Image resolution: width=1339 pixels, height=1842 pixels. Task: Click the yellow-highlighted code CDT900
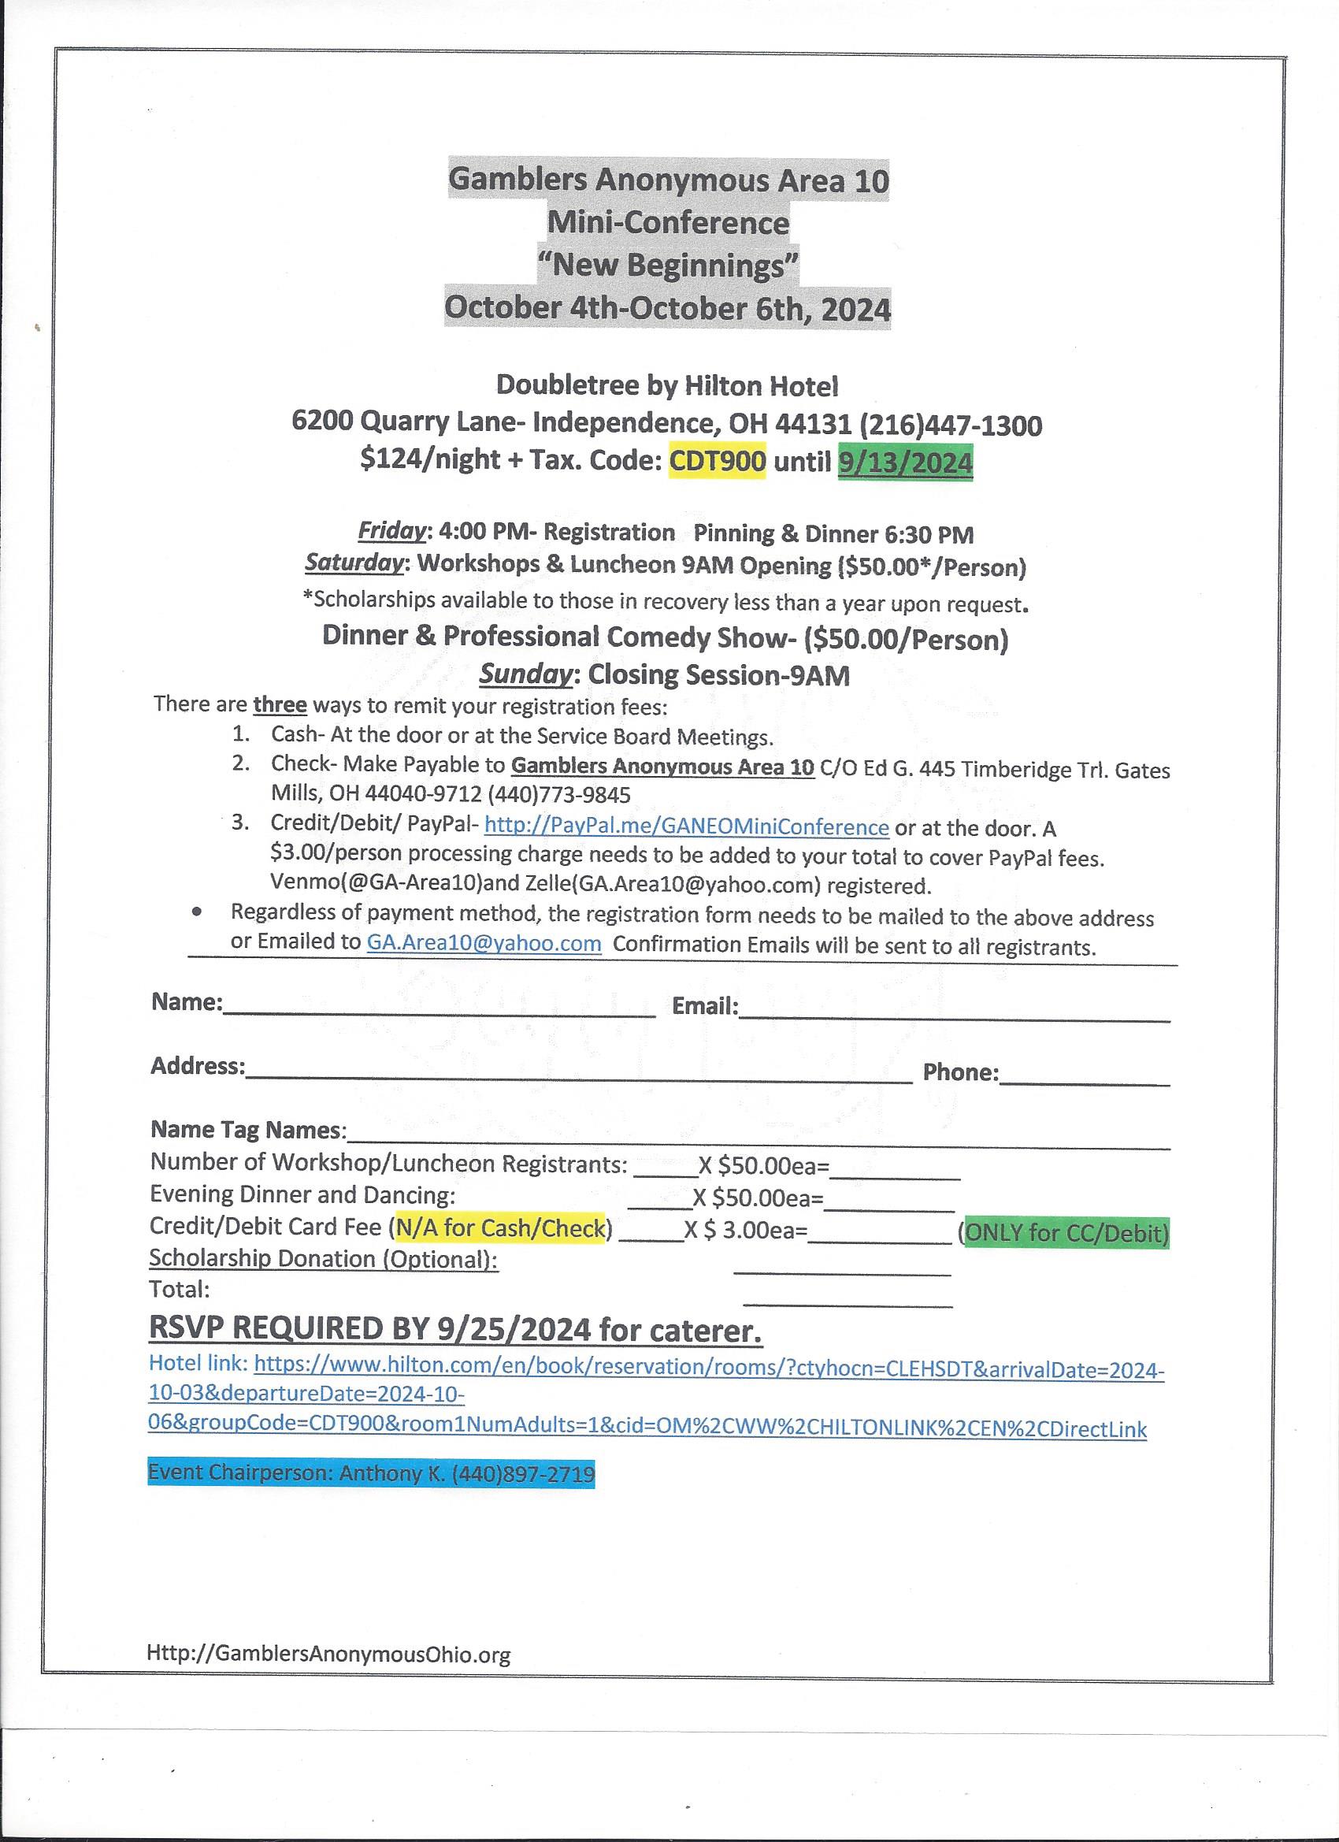[x=717, y=462]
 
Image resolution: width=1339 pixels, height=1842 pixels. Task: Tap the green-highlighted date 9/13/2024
[x=904, y=463]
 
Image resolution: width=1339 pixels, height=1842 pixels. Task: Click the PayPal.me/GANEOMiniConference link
[x=686, y=826]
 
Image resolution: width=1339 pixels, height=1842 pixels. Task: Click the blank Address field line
[x=578, y=1077]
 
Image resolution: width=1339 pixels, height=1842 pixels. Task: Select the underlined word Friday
[x=392, y=531]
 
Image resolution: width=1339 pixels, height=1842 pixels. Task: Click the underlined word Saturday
[x=353, y=563]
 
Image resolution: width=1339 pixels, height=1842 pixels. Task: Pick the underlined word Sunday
[x=525, y=674]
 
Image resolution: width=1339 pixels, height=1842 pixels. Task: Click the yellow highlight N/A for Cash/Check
[x=501, y=1227]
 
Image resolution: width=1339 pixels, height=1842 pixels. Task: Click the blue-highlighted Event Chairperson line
[x=371, y=1472]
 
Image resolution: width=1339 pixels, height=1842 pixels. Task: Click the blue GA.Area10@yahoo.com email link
[x=484, y=943]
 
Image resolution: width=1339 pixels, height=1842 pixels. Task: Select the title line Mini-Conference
[x=668, y=222]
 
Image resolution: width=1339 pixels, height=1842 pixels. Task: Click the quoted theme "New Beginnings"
[x=668, y=266]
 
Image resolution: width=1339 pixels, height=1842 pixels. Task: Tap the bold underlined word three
[x=280, y=704]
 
